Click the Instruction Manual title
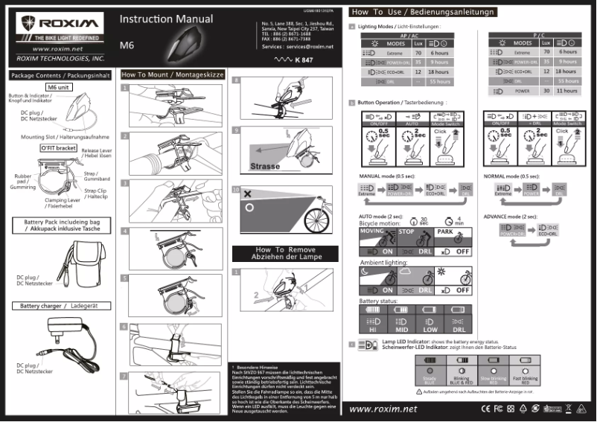[x=166, y=19]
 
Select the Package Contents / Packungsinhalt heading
[x=58, y=75]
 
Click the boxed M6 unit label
[x=59, y=87]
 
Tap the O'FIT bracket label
[x=58, y=148]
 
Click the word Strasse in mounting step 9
[x=265, y=166]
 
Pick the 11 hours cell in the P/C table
[x=568, y=90]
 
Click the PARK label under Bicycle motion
[x=445, y=231]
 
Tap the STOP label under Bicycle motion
[x=406, y=231]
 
